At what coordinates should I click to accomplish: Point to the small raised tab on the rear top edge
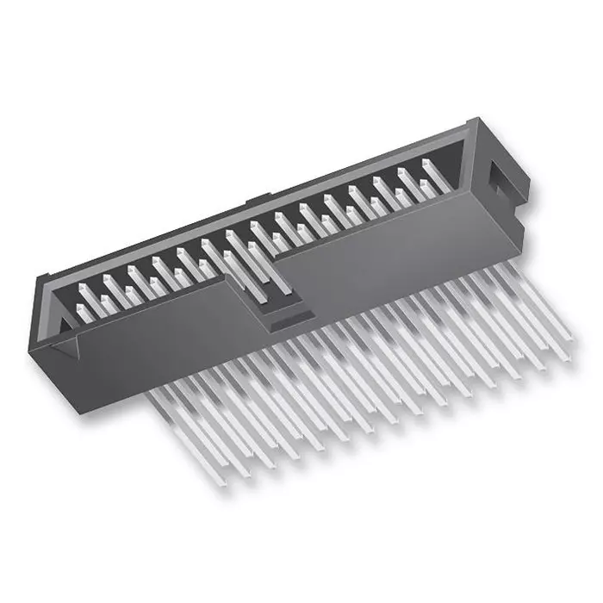click(252, 204)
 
